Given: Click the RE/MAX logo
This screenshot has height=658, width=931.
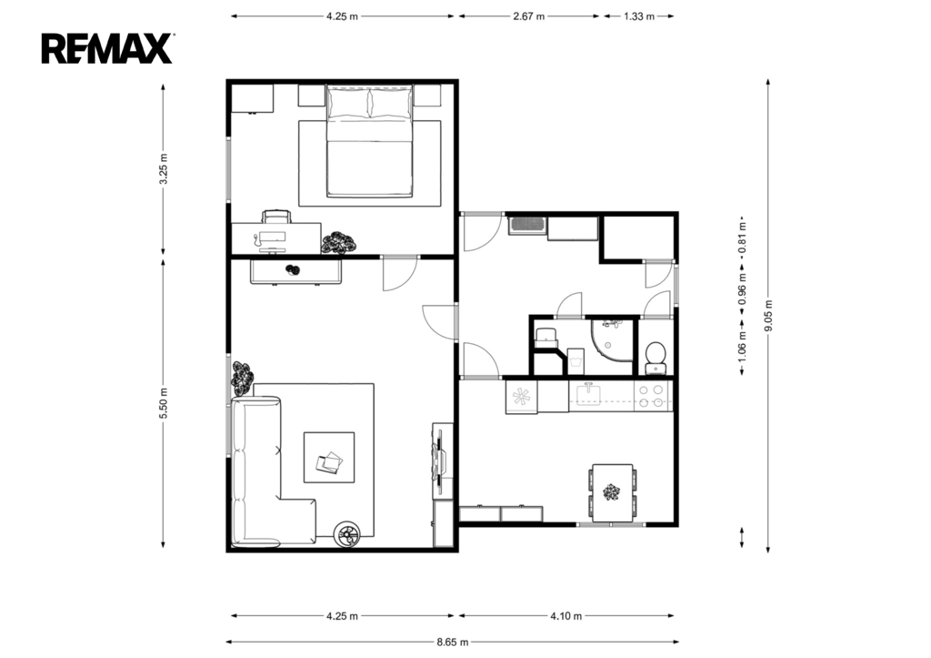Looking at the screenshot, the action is [107, 48].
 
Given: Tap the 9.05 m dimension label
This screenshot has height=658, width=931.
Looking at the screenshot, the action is [768, 316].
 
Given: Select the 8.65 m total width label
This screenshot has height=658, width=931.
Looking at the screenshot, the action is [453, 642].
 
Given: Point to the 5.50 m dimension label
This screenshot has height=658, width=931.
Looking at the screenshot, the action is [164, 403].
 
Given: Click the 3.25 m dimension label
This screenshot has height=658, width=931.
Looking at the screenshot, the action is [164, 168].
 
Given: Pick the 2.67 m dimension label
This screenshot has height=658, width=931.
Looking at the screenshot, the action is [528, 16].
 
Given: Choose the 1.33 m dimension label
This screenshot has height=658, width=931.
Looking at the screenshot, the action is [639, 16].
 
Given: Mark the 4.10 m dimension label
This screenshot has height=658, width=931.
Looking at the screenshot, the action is [566, 616].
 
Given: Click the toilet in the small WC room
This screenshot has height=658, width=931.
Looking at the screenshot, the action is [656, 357].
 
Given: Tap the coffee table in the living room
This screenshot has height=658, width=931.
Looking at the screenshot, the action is [329, 457].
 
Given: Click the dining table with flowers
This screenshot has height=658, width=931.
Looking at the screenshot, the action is [612, 492].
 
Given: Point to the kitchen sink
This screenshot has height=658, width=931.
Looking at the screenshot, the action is [588, 395].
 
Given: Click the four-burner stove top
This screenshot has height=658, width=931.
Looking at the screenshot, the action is [651, 396].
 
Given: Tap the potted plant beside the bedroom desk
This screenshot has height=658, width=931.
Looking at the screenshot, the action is [338, 243].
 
